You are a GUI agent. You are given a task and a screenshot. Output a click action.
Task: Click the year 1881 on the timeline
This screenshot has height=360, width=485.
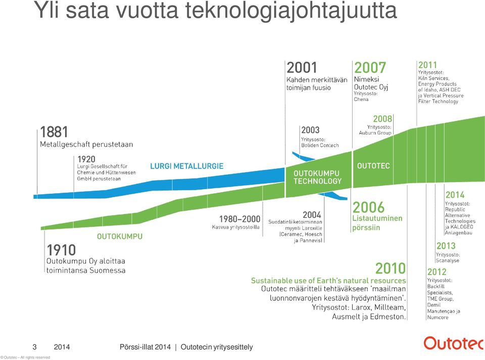(54, 132)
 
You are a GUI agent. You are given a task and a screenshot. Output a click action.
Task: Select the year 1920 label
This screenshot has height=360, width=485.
(86, 159)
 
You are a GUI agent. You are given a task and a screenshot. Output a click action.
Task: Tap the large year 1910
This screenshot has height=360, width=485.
(61, 250)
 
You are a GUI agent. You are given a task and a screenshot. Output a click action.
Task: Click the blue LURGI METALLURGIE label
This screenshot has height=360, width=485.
(186, 166)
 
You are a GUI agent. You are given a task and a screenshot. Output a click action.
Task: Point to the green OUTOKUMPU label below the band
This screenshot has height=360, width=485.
(120, 237)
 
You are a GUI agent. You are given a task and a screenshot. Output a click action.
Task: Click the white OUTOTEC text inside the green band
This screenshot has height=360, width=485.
(373, 166)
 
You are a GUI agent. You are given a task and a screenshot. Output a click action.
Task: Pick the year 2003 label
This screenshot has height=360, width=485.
(310, 130)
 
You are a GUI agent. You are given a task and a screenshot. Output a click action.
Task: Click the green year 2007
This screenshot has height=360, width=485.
(370, 67)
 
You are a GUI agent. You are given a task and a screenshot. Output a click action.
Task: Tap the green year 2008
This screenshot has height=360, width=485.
(382, 119)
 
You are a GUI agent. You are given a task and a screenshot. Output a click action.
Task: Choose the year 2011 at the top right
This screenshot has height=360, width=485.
(427, 65)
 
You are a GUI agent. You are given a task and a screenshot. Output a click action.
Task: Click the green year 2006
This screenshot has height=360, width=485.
(368, 207)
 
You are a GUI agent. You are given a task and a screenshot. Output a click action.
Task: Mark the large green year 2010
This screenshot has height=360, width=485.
(391, 268)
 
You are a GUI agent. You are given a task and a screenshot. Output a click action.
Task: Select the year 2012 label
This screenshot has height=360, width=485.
(437, 272)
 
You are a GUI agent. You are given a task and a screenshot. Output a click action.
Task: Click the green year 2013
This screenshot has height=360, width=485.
(446, 246)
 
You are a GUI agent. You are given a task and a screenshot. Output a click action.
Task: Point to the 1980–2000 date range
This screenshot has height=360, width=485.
(239, 219)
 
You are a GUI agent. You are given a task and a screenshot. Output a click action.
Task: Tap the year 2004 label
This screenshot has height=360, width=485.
(312, 215)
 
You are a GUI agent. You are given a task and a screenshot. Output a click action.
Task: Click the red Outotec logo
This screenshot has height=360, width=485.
(453, 343)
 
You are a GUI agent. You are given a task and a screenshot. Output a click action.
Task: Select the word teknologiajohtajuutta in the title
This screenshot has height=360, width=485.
(291, 10)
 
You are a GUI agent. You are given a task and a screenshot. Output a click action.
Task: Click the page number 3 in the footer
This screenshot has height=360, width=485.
(35, 347)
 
